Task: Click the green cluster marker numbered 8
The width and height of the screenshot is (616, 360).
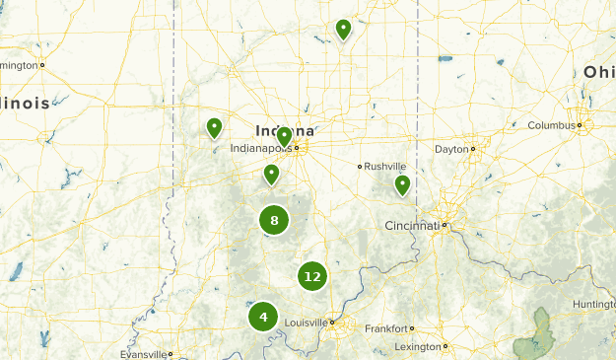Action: [x=274, y=220]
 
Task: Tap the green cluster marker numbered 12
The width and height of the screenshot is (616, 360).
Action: [x=312, y=277]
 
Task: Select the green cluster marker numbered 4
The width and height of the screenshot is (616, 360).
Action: [x=263, y=317]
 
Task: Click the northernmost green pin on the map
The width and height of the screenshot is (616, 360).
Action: [x=343, y=29]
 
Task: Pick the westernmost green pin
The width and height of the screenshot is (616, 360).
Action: [x=214, y=127]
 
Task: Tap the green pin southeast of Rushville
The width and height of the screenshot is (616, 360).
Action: [x=402, y=183]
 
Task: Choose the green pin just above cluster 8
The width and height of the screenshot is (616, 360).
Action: [x=271, y=175]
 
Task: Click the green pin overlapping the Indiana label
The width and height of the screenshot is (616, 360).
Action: [x=284, y=136]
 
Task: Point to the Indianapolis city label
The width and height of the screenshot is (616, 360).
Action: [x=260, y=149]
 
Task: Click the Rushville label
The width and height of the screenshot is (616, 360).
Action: [x=385, y=166]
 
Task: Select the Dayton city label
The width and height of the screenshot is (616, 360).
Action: [x=450, y=149]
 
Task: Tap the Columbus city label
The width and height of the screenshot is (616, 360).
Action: [x=551, y=125]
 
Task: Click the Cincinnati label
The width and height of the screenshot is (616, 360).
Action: [x=411, y=226]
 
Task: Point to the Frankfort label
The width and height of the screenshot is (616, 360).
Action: [x=385, y=328]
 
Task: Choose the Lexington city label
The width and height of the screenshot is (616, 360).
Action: [x=417, y=346]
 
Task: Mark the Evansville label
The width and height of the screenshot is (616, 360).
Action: [x=141, y=354]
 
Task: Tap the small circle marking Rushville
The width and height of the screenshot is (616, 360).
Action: [x=360, y=166]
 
